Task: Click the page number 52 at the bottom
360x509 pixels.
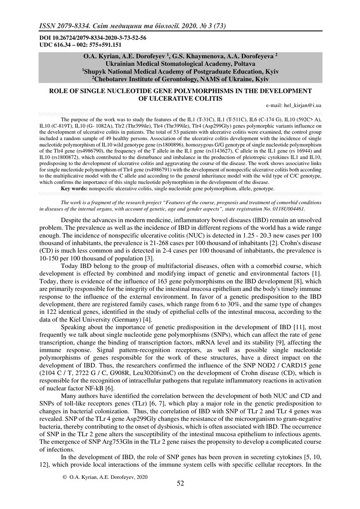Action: [x=180, y=483]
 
